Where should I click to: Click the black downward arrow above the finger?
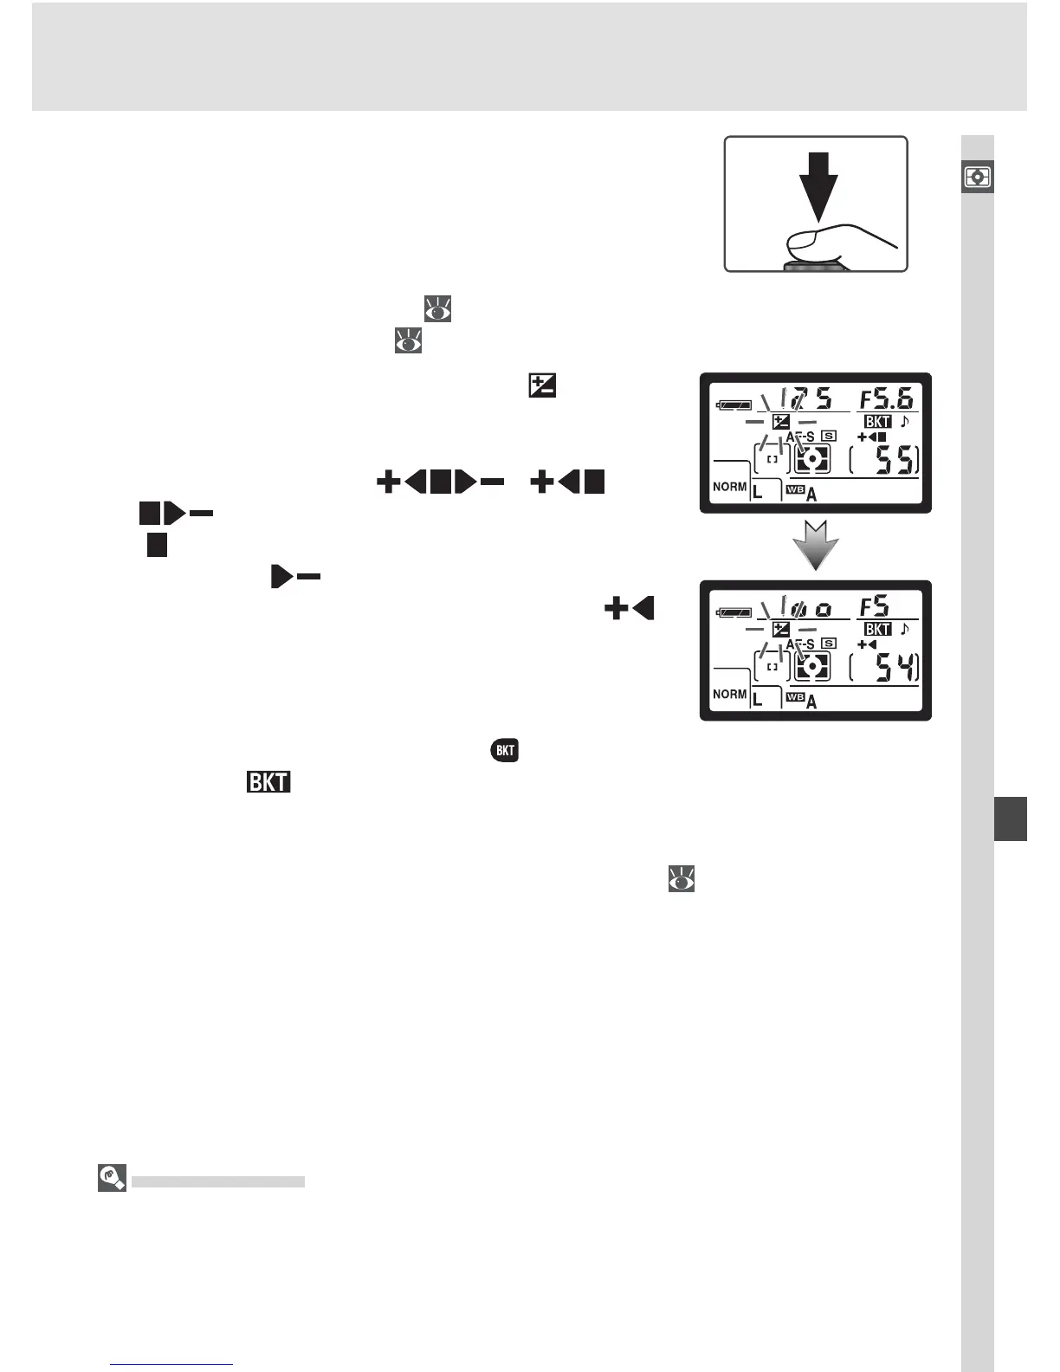(x=818, y=184)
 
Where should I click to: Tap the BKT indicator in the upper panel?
(x=877, y=422)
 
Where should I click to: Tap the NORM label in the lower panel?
(x=729, y=694)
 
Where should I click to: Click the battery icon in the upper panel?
(x=734, y=404)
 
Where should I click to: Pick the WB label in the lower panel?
(x=796, y=697)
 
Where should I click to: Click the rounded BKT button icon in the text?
(x=505, y=750)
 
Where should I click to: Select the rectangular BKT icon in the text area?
(x=268, y=782)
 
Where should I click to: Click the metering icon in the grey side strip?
(x=978, y=178)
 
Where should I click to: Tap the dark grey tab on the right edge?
(x=1010, y=819)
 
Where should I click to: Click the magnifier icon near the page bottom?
(x=113, y=1178)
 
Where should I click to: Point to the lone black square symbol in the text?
(x=157, y=546)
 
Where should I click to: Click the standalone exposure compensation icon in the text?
(x=542, y=385)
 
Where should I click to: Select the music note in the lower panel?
(x=905, y=629)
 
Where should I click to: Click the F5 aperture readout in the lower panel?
(x=875, y=606)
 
